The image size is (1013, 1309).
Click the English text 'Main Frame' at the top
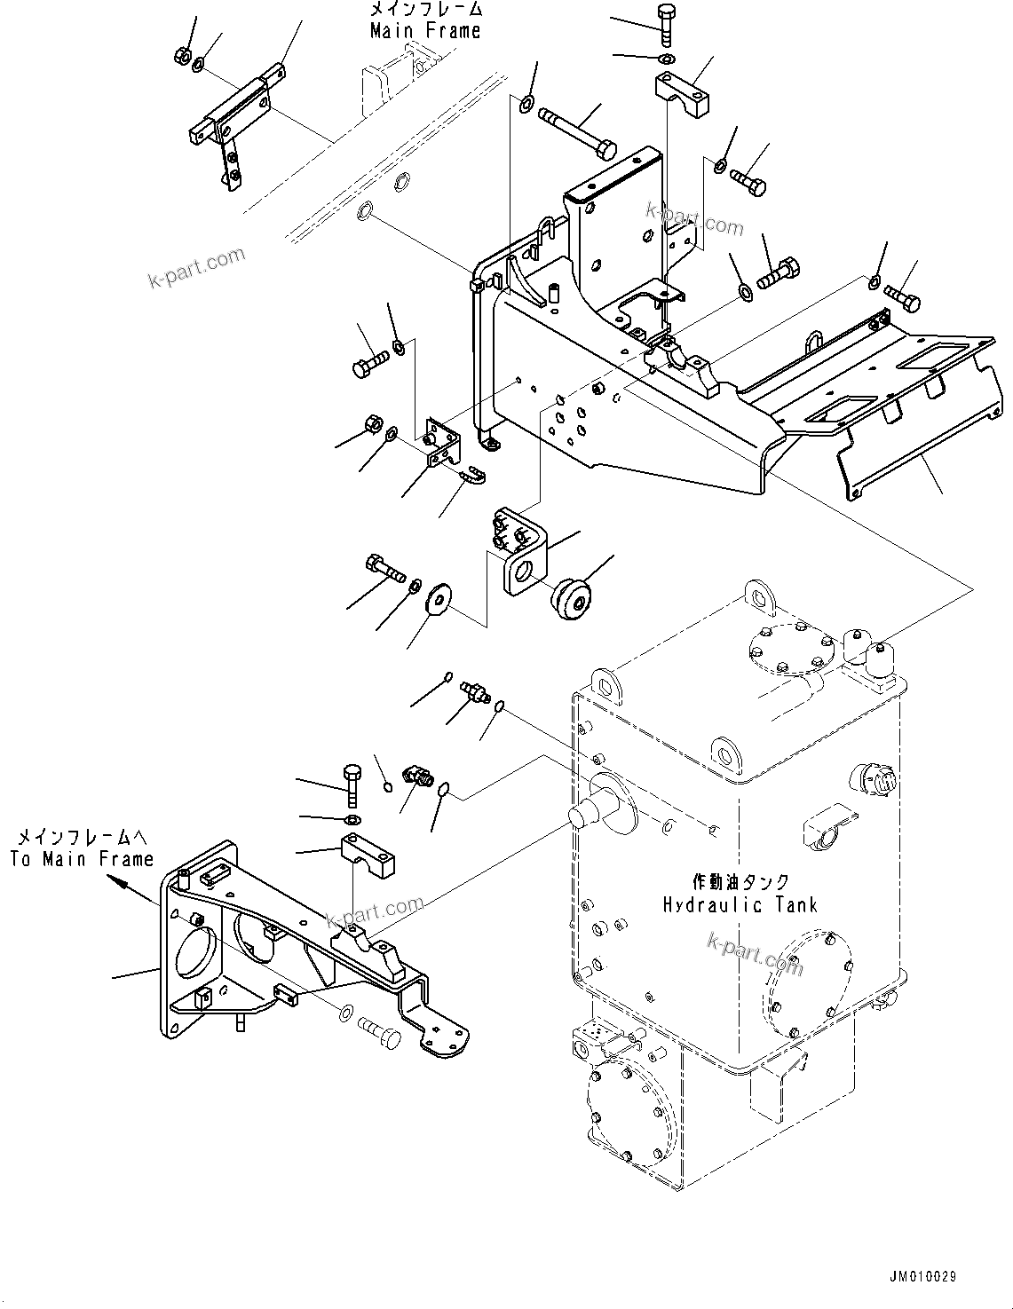pos(425,30)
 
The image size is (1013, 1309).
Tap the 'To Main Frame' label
pos(82,858)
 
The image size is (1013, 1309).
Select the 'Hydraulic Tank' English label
pos(740,904)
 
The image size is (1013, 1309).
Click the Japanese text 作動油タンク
pos(740,882)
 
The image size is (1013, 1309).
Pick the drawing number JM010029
pos(921,1277)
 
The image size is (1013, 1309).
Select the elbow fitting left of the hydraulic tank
pos(416,776)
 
